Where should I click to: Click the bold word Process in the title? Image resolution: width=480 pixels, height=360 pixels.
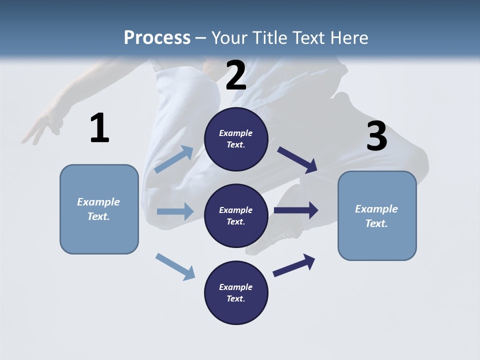pos(157,38)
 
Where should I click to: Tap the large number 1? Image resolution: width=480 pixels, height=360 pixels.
pos(99,128)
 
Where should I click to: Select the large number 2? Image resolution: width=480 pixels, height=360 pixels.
pos(236,75)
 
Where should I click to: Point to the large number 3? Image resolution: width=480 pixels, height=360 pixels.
pos(376,136)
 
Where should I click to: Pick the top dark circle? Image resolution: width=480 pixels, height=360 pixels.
pos(236,139)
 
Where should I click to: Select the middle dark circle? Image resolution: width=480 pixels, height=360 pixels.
pos(236,216)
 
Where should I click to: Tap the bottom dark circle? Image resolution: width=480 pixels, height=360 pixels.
pos(236,293)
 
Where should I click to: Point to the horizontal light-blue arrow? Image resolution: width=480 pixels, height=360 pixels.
pos(175,211)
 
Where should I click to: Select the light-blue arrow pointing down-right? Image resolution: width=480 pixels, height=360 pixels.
pos(175,266)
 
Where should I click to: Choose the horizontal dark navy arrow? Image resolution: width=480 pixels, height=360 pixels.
pos(296,210)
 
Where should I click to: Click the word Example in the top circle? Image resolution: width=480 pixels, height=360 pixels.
pos(236,133)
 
